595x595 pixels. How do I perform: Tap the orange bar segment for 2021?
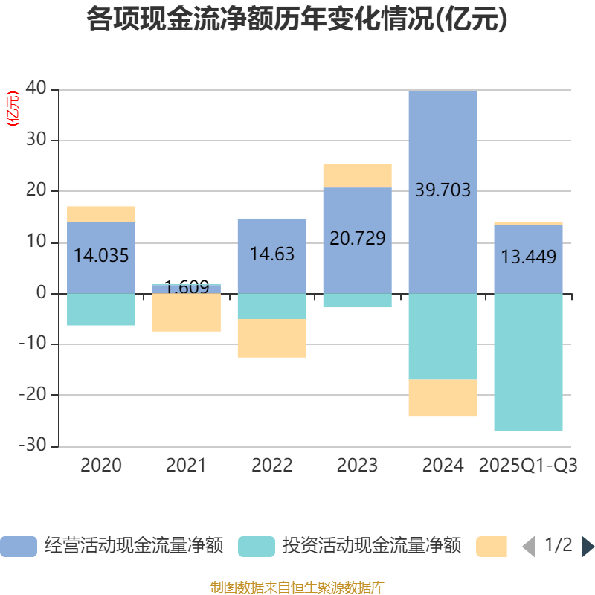tap(186, 312)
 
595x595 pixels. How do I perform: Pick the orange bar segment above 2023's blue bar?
tap(357, 176)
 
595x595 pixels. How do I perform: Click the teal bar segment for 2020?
tap(101, 309)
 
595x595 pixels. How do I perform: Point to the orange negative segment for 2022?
tap(271, 338)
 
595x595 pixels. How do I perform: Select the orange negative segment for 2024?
tap(443, 398)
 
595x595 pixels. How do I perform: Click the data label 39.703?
tap(443, 190)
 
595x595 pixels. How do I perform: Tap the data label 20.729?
tap(357, 239)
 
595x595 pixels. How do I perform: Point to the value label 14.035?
tap(101, 256)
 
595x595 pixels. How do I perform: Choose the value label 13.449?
tap(528, 257)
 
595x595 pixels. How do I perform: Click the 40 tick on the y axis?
tap(36, 89)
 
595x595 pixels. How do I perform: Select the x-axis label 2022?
tap(271, 466)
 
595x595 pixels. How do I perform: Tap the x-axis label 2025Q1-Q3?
tap(528, 466)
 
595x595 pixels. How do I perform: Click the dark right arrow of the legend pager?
tap(588, 547)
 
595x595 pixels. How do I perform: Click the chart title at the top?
tap(297, 19)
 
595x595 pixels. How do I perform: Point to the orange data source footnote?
tap(297, 588)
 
